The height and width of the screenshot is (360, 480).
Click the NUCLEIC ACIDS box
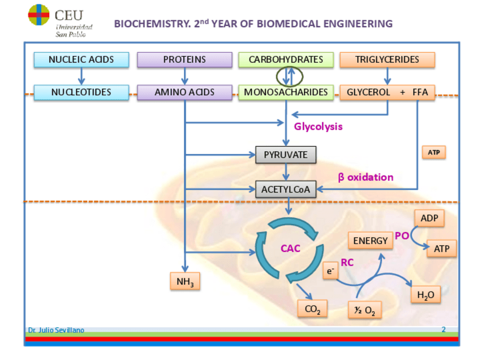click(81, 59)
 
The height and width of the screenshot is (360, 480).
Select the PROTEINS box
click(185, 59)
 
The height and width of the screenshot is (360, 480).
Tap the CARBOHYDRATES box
click(286, 59)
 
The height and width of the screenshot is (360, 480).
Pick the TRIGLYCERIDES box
click(387, 59)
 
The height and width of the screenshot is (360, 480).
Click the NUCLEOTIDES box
click(81, 92)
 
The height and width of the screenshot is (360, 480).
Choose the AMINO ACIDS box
click(185, 92)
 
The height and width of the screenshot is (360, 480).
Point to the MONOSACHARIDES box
click(286, 92)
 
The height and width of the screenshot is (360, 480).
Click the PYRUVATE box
click(286, 155)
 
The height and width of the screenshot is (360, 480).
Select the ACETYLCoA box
click(286, 190)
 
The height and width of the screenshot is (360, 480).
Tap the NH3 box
click(185, 281)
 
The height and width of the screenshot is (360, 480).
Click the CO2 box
click(312, 309)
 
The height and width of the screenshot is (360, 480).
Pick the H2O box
click(425, 295)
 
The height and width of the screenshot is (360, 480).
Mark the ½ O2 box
click(364, 310)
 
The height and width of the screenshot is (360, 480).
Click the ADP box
click(429, 218)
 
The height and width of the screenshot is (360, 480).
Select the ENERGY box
click(371, 241)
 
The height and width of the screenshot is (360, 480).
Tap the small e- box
click(330, 271)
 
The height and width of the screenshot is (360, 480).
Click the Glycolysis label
click(318, 127)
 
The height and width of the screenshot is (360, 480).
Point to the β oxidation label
click(366, 177)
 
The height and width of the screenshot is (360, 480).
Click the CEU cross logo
click(38, 15)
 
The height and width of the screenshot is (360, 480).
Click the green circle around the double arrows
click(290, 75)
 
